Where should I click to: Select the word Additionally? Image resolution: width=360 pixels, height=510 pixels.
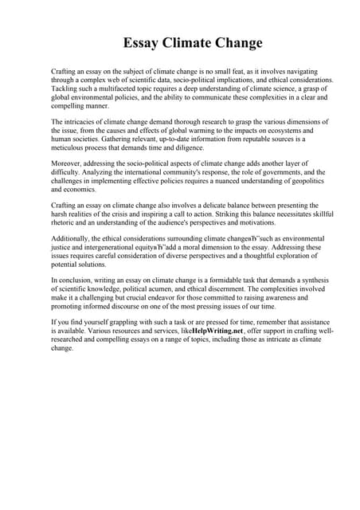click(x=72, y=238)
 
